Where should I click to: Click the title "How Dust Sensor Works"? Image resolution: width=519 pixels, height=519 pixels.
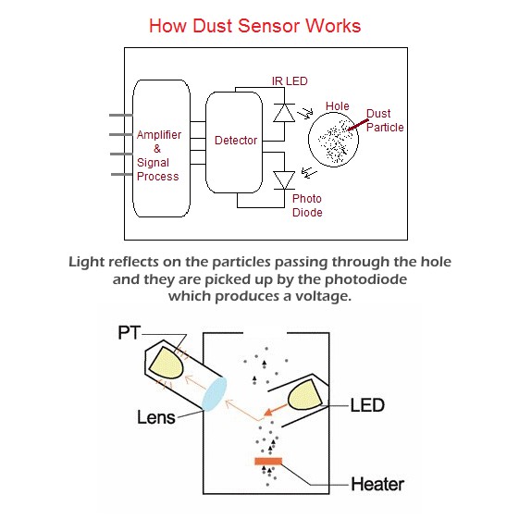pyautogui.click(x=254, y=26)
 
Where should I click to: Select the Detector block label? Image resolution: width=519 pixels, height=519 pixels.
pyautogui.click(x=236, y=141)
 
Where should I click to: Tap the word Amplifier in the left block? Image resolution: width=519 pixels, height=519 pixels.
pyautogui.click(x=159, y=135)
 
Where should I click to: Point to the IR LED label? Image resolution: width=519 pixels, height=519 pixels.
pyautogui.click(x=290, y=81)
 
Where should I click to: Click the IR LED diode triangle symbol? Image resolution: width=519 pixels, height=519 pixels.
pyautogui.click(x=284, y=113)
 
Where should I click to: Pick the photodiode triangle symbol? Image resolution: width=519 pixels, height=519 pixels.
pyautogui.click(x=284, y=180)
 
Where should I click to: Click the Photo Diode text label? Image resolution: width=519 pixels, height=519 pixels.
pyautogui.click(x=307, y=205)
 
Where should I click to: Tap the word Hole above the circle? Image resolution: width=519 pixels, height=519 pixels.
pyautogui.click(x=338, y=106)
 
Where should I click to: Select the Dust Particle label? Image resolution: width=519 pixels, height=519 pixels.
pyautogui.click(x=385, y=120)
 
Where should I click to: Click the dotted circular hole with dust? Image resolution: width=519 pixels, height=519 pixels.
pyautogui.click(x=333, y=140)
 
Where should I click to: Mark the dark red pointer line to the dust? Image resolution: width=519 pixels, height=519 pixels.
pyautogui.click(x=358, y=125)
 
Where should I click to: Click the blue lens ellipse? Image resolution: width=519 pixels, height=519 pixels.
pyautogui.click(x=215, y=394)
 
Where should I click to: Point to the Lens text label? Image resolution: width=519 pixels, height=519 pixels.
pyautogui.click(x=156, y=417)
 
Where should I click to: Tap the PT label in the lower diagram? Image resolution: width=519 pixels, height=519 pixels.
pyautogui.click(x=130, y=333)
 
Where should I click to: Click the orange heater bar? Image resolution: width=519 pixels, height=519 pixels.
pyautogui.click(x=268, y=461)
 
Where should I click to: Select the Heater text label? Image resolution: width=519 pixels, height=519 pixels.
pyautogui.click(x=377, y=484)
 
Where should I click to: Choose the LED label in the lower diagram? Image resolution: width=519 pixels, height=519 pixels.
pyautogui.click(x=367, y=405)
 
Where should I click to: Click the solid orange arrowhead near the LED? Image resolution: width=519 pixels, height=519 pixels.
pyautogui.click(x=269, y=412)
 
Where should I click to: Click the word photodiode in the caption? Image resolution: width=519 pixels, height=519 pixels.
pyautogui.click(x=365, y=279)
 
